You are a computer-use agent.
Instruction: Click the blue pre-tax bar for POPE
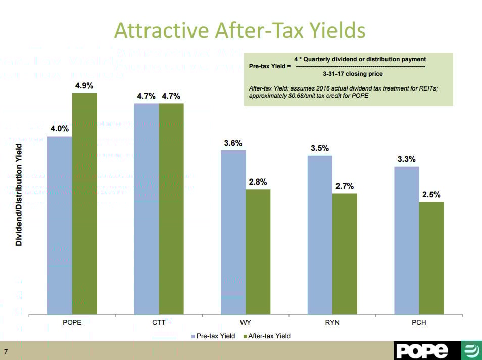pyautogui.click(x=60, y=225)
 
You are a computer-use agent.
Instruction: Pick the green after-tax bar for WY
pyautogui.click(x=258, y=251)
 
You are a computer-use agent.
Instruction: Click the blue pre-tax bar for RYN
pyautogui.click(x=320, y=235)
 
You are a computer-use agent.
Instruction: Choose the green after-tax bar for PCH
pyautogui.click(x=431, y=258)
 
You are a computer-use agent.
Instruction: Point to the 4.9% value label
pyautogui.click(x=84, y=86)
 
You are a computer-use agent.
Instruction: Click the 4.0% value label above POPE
pyautogui.click(x=59, y=129)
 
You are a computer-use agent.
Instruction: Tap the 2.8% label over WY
pyautogui.click(x=258, y=182)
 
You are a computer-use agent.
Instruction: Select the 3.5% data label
pyautogui.click(x=320, y=148)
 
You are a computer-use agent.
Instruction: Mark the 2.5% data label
pyautogui.click(x=431, y=195)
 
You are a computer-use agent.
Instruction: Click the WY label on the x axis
pyautogui.click(x=246, y=322)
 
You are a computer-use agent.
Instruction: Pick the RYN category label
pyautogui.click(x=332, y=322)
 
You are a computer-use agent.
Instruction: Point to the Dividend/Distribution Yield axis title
pyautogui.click(x=19, y=195)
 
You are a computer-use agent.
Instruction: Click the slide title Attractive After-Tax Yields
pyautogui.click(x=240, y=30)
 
